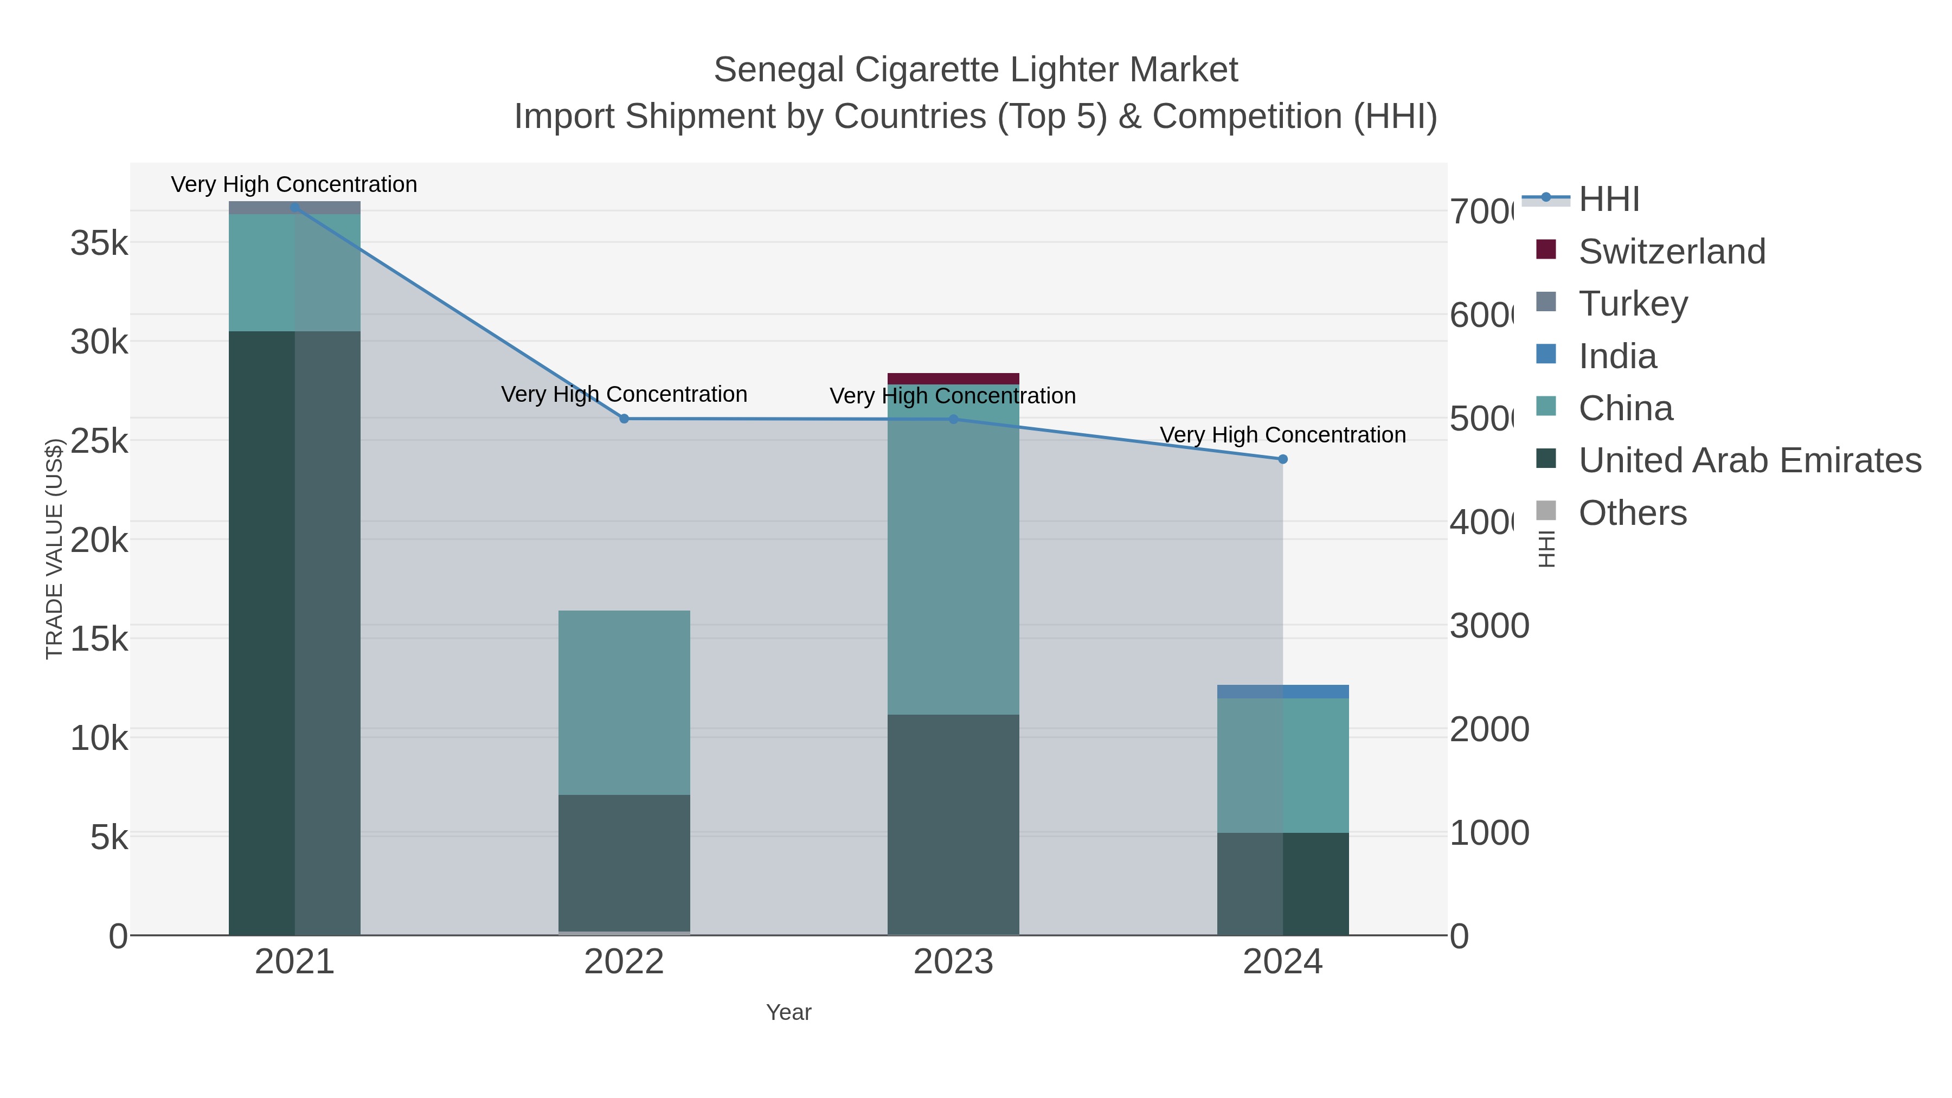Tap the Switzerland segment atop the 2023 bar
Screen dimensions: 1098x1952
click(x=953, y=378)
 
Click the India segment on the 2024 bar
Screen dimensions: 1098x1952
click(x=1282, y=691)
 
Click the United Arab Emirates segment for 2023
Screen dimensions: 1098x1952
click(x=953, y=824)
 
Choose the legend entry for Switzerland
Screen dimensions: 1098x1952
click(x=1671, y=251)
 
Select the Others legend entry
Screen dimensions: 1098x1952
click(x=1632, y=513)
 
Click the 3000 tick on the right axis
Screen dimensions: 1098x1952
click(x=1488, y=626)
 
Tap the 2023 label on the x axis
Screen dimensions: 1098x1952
click(x=953, y=961)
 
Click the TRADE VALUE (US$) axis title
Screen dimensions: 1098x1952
click(x=55, y=549)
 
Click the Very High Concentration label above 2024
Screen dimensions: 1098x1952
click(x=1282, y=435)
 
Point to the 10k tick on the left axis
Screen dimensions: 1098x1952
click(x=99, y=738)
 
